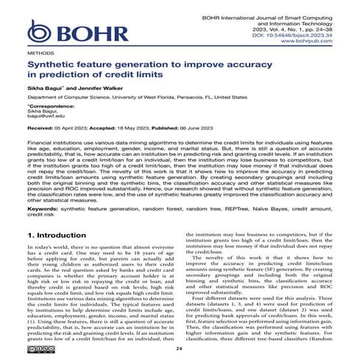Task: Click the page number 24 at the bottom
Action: (x=180, y=349)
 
